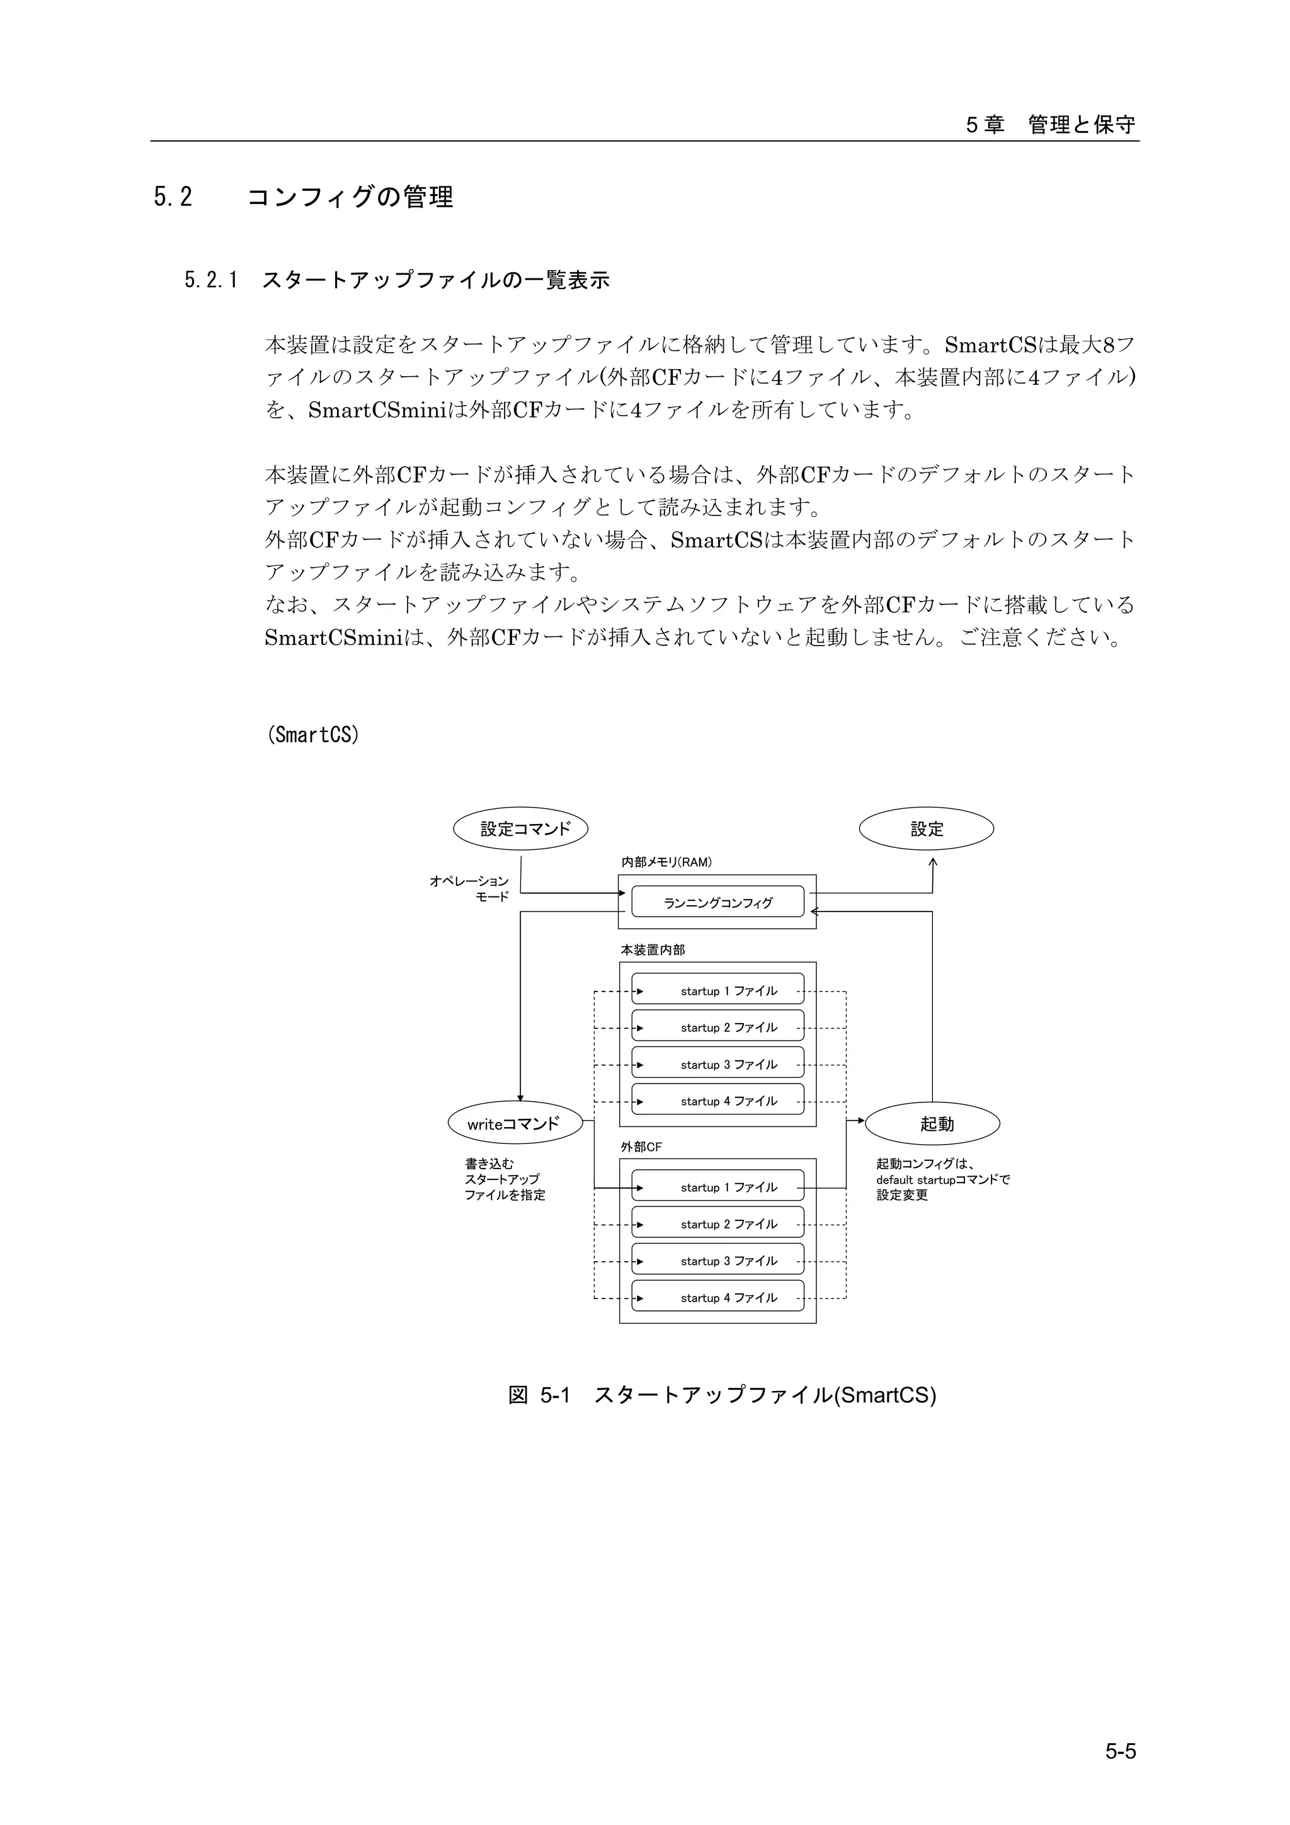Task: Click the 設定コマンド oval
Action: point(521,829)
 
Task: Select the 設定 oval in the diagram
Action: point(926,829)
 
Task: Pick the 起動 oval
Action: point(932,1124)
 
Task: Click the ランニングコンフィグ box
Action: point(717,902)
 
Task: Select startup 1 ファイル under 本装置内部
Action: point(717,991)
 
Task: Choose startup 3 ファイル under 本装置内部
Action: point(717,1064)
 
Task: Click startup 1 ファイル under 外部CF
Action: point(717,1187)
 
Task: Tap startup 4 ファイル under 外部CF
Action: point(717,1298)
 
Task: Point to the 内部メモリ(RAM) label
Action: point(666,862)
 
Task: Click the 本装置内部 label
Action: point(653,950)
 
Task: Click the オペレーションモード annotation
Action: point(470,889)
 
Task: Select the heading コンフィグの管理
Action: point(350,197)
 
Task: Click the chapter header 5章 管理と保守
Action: point(1051,125)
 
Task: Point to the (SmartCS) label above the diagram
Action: point(313,735)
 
